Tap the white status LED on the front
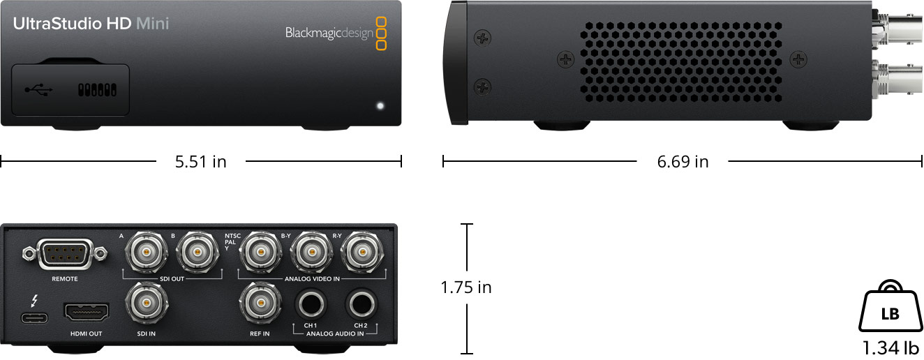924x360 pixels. [x=380, y=107]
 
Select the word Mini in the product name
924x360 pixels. [x=153, y=24]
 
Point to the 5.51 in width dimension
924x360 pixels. [x=201, y=162]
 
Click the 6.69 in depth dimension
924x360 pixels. [x=683, y=162]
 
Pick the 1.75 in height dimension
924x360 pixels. [x=466, y=287]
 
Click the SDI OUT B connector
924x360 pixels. [x=198, y=250]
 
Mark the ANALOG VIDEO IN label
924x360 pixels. [x=312, y=278]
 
